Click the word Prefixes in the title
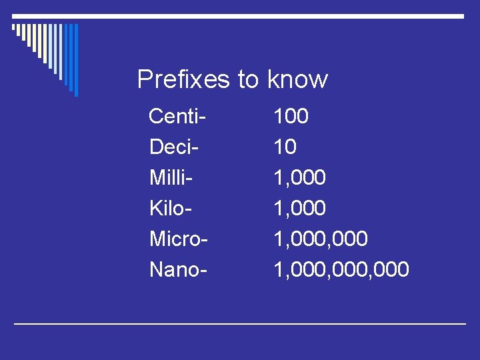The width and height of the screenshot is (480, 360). tap(183, 79)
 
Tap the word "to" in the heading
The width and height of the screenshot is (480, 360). tap(248, 79)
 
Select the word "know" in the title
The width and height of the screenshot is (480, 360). tap(297, 79)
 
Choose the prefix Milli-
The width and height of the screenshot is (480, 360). tap(171, 178)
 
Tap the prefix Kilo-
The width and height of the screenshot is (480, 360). tap(171, 209)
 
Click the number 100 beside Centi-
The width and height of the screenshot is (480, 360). tap(291, 117)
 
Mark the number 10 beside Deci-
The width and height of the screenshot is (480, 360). tap(285, 147)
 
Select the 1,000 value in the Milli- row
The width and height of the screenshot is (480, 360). tap(299, 178)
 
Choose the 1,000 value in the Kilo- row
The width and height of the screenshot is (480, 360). tap(299, 209)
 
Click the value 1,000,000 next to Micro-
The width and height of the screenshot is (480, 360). tap(321, 239)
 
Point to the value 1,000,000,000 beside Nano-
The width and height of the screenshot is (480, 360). tap(341, 270)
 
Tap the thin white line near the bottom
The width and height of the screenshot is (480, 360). tap(240, 323)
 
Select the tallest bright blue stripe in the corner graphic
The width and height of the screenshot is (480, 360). tap(76, 60)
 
